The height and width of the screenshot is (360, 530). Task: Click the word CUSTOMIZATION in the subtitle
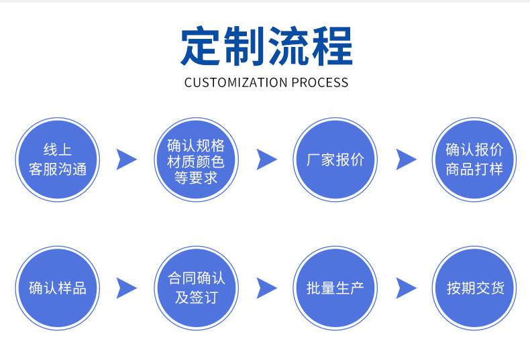235,83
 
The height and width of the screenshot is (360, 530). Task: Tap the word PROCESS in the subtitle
319,83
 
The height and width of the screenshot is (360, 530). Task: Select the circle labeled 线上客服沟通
58,160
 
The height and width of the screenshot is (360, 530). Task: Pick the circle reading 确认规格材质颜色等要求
196,160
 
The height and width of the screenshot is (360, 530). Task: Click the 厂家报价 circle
335,160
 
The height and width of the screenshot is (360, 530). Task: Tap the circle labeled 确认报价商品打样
474,160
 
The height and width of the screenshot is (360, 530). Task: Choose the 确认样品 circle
58,288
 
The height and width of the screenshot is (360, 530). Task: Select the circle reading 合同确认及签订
196,288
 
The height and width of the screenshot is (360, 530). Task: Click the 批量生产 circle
335,288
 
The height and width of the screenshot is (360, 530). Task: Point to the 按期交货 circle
474,288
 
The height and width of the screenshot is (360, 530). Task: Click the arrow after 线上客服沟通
126,160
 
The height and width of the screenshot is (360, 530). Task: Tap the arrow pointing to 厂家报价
266,160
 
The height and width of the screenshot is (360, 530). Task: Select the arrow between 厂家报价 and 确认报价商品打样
406,160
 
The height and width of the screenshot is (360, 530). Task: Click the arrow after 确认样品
126,288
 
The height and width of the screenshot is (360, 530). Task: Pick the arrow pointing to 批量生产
266,288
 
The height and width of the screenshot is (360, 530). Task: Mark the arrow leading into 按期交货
406,288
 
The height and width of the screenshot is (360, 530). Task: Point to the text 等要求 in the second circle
196,178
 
